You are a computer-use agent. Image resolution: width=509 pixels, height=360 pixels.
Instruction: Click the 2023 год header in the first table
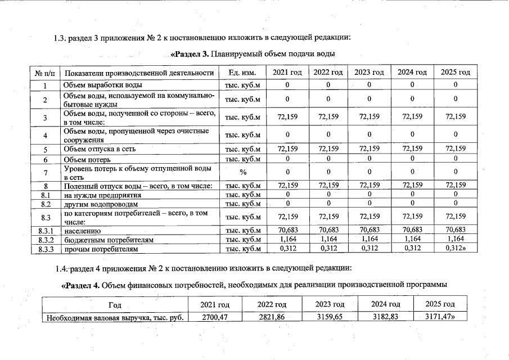click(x=369, y=73)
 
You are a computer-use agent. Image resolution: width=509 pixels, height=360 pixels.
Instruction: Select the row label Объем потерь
click(x=87, y=159)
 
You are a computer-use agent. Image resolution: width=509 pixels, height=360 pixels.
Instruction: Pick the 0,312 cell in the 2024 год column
click(x=412, y=247)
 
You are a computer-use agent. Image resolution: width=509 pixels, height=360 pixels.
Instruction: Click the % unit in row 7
click(x=243, y=172)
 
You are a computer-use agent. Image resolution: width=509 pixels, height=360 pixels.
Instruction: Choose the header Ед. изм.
click(x=243, y=73)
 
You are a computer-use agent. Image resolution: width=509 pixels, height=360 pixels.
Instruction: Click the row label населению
click(x=82, y=230)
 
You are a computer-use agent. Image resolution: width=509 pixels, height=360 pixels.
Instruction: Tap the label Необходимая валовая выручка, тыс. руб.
click(x=115, y=317)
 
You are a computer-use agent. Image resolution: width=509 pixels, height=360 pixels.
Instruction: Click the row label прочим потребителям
click(x=100, y=248)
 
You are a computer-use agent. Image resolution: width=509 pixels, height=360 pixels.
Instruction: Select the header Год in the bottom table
click(x=115, y=304)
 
